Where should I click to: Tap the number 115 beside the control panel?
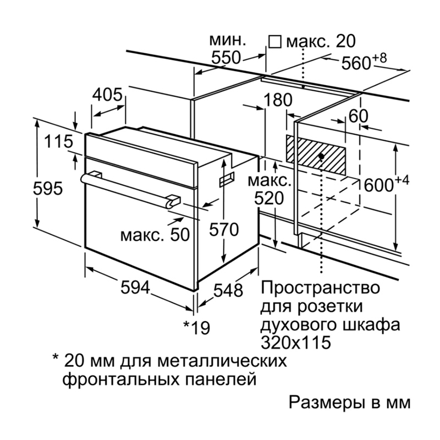tap(58, 142)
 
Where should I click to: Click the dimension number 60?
tap(358, 116)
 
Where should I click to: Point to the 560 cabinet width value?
tap(356, 63)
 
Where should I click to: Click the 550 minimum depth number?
tap(226, 58)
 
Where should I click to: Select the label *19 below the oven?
tap(196, 327)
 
